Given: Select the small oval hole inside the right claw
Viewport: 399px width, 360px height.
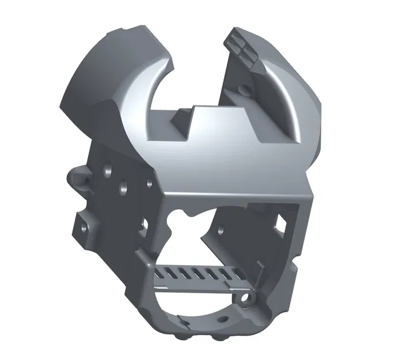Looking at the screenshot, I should (x=246, y=90).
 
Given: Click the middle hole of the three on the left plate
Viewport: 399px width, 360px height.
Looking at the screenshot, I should (x=123, y=187).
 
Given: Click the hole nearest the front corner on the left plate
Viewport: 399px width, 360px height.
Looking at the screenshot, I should (x=149, y=184).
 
